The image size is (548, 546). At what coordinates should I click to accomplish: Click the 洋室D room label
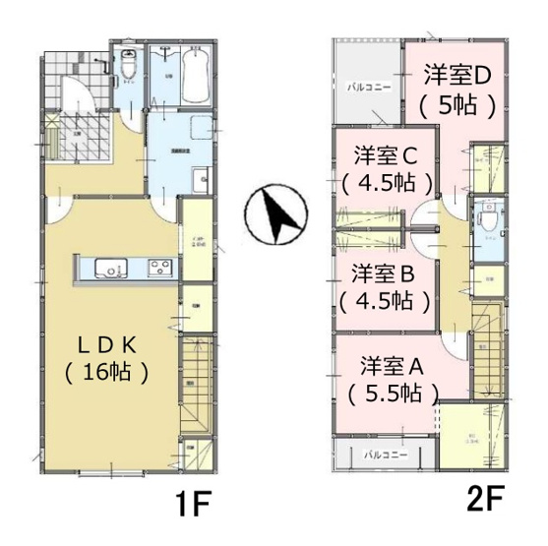coord(457,75)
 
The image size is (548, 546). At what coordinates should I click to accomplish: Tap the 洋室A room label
coord(392,365)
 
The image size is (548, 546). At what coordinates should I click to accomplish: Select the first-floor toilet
coord(129,65)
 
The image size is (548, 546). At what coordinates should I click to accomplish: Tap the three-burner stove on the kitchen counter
coord(159,268)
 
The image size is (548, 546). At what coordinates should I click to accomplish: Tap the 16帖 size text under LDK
coord(109,373)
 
